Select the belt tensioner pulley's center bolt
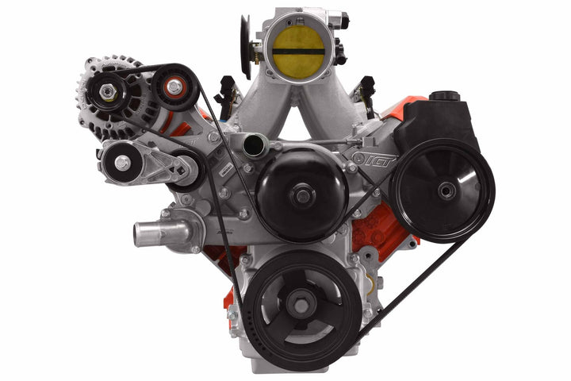click(122, 163)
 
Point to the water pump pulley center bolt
click(301, 194)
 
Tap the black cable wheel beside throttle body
click(246, 48)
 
